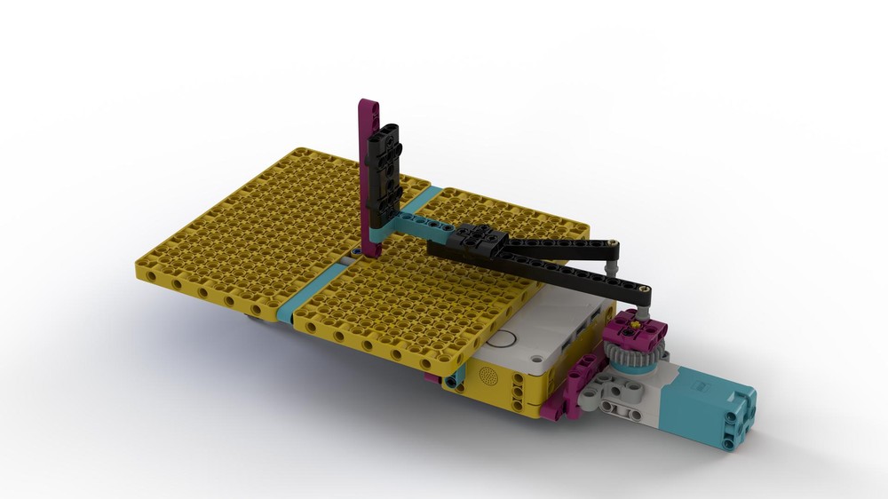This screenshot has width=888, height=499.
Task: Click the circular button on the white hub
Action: (x=503, y=338)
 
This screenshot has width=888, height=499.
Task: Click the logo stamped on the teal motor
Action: (x=700, y=386)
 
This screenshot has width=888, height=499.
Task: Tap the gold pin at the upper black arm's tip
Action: (x=613, y=242)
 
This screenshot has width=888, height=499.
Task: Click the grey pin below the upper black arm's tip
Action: (x=609, y=263)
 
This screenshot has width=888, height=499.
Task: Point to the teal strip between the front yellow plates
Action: (x=313, y=288)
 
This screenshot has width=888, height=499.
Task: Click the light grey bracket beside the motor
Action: (x=622, y=396)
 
